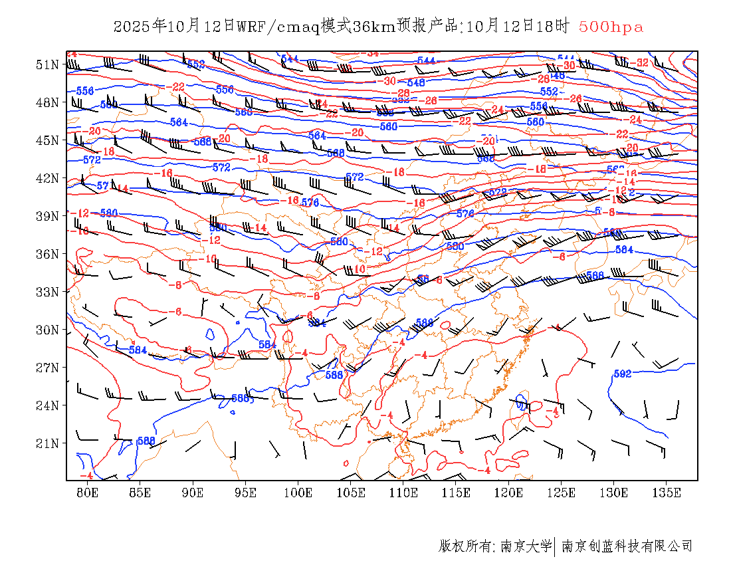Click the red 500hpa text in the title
[611, 27]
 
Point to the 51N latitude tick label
[47, 64]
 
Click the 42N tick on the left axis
[47, 178]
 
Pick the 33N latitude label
[47, 292]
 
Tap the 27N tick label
[47, 368]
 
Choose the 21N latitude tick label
[47, 443]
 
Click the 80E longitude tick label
[88, 493]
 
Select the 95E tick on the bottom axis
[246, 493]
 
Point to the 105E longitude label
[351, 493]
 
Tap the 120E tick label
[509, 493]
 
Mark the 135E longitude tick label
[667, 493]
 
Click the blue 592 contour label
[622, 374]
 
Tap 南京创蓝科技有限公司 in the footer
[627, 546]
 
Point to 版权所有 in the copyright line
[465, 546]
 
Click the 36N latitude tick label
[47, 254]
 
